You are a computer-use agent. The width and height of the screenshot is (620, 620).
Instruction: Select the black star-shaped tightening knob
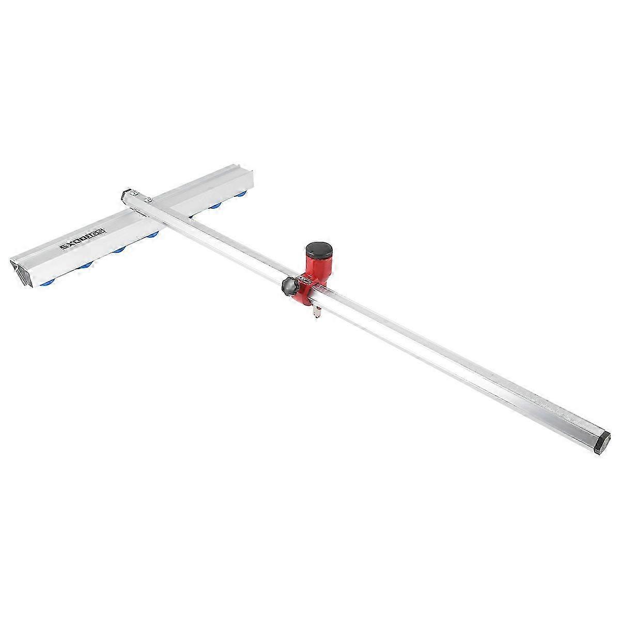(288, 286)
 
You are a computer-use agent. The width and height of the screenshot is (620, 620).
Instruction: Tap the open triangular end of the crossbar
(20, 269)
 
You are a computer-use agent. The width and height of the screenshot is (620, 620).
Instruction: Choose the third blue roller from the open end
(119, 250)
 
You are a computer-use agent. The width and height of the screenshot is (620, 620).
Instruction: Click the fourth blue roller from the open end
(153, 236)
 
